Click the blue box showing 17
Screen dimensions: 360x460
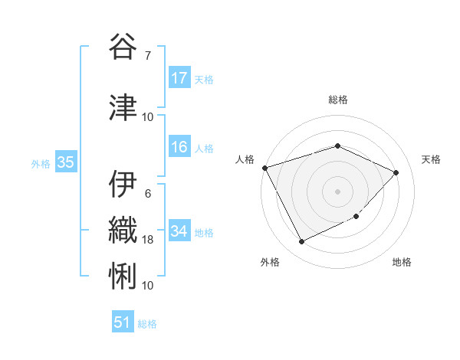point(179,78)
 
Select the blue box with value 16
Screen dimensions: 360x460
point(179,148)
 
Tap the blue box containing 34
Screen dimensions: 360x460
point(179,232)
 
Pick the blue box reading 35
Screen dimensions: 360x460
point(65,162)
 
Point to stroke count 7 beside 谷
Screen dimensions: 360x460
point(148,55)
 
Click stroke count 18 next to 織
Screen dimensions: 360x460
point(148,240)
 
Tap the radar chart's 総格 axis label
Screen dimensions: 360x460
point(337,100)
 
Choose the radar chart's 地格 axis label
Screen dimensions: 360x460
point(402,262)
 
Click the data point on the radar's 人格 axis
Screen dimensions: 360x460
point(264,167)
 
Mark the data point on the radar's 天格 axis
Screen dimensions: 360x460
point(396,172)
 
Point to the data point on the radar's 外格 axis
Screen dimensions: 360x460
point(301,242)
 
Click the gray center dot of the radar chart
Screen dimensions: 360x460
point(337,191)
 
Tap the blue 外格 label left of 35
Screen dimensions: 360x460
point(40,163)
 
